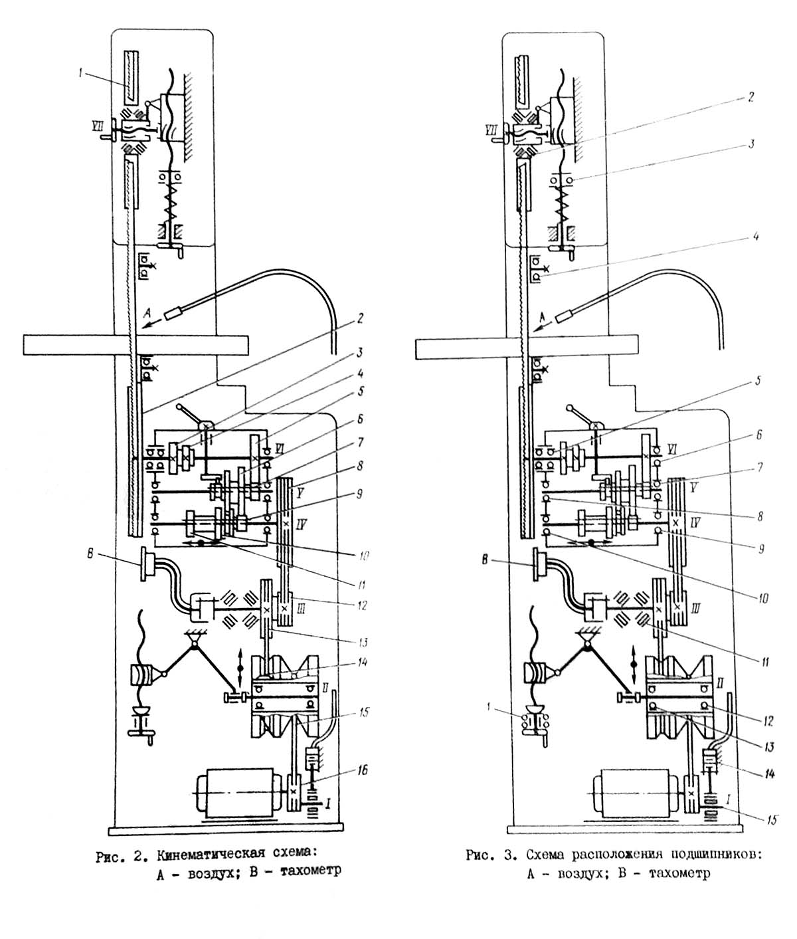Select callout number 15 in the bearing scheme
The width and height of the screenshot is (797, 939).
771,819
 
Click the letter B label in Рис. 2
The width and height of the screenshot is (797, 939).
91,554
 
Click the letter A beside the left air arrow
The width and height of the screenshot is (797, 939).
147,312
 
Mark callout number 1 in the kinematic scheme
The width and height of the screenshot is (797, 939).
81,74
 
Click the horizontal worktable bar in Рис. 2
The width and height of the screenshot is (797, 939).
135,346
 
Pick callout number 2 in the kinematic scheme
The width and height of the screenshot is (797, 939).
359,318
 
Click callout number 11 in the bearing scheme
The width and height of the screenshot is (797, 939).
765,663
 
